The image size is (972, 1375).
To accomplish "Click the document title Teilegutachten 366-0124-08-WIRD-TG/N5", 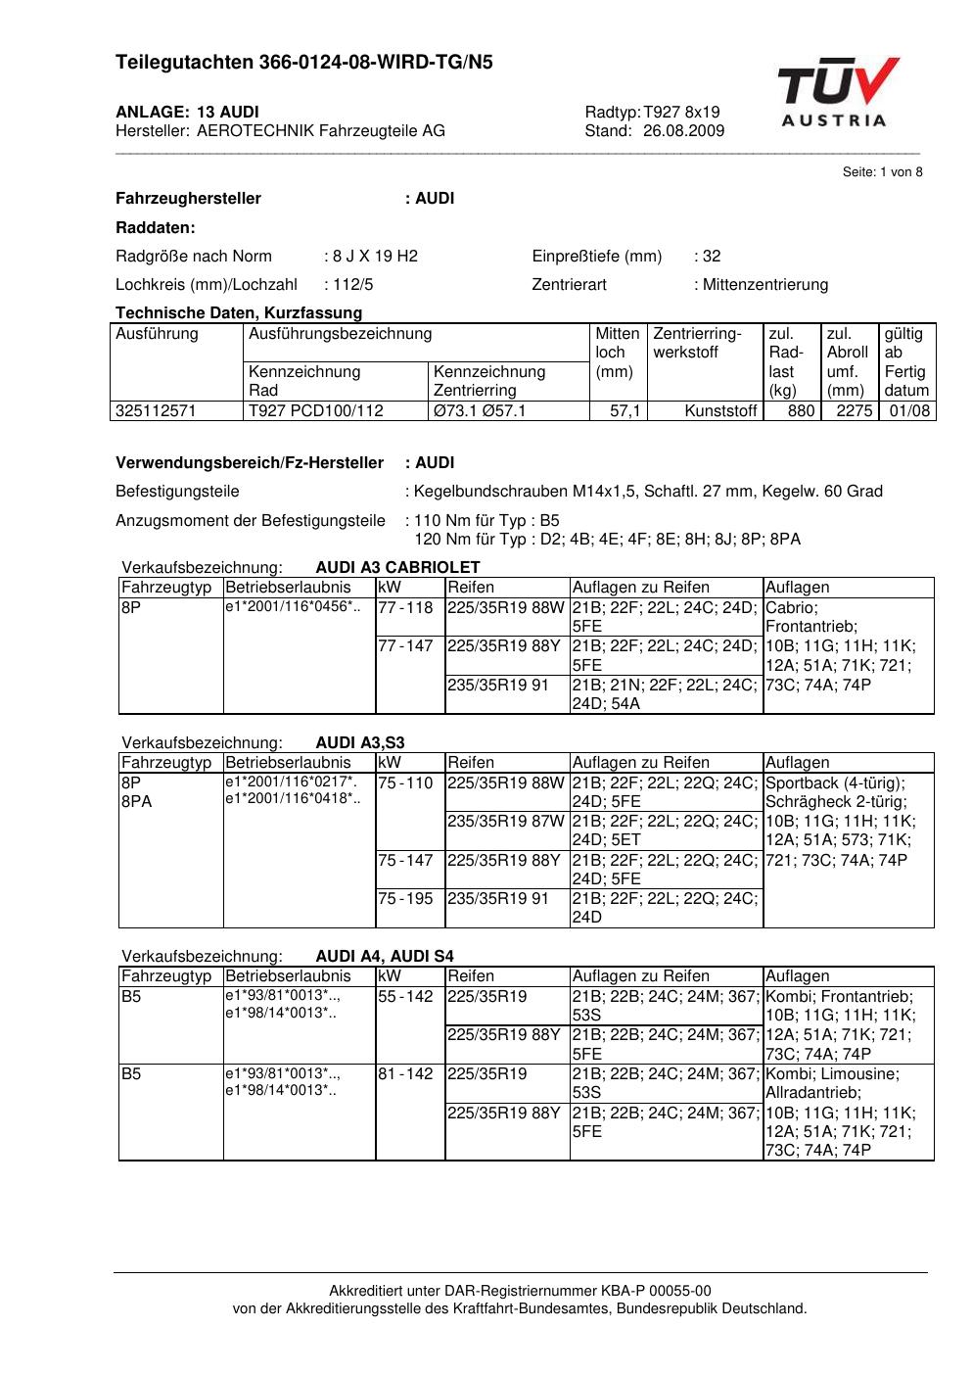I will [304, 63].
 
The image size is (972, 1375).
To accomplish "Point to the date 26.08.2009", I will [683, 131].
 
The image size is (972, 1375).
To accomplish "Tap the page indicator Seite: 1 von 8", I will [882, 172].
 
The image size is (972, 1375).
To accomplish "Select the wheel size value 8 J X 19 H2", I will [375, 257].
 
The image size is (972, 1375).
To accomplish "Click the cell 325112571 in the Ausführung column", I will [157, 411].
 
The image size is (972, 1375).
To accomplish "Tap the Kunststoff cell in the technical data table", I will [722, 411].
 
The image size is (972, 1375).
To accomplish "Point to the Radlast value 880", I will [801, 411].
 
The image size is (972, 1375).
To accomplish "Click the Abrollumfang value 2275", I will [854, 411].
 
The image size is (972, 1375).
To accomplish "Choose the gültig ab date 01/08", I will [908, 411].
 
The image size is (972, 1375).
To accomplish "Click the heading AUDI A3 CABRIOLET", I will [397, 568].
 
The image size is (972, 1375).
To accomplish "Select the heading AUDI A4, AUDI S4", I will [385, 957].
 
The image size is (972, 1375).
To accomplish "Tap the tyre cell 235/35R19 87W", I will [506, 821].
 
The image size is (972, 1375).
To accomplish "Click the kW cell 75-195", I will [405, 898].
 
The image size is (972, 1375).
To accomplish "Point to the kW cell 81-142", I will [405, 1073].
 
